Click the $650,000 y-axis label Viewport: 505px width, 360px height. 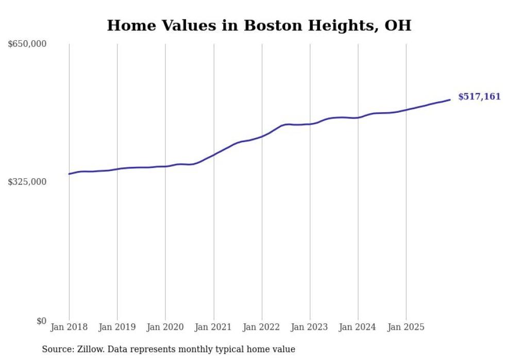pyautogui.click(x=27, y=44)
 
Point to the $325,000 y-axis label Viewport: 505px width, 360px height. pyautogui.click(x=27, y=182)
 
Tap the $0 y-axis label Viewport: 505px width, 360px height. pyautogui.click(x=41, y=321)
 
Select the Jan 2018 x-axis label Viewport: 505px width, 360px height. pyautogui.click(x=69, y=327)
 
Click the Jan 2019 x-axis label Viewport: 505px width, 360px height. pyautogui.click(x=117, y=327)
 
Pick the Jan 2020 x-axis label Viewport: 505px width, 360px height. pyautogui.click(x=165, y=327)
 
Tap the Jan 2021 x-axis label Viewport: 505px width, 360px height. pyautogui.click(x=213, y=327)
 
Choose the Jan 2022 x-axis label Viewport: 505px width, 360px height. pyautogui.click(x=262, y=327)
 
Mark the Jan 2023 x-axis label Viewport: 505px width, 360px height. pyautogui.click(x=310, y=327)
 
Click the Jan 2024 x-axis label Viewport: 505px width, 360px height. pyautogui.click(x=358, y=327)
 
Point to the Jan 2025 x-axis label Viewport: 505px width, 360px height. pyautogui.click(x=406, y=327)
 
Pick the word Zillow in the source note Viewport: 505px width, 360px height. pyautogui.click(x=89, y=349)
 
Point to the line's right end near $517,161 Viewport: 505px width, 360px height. pyautogui.click(x=450, y=100)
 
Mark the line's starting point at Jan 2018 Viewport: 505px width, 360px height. pyautogui.click(x=69, y=174)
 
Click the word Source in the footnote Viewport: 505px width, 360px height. pyautogui.click(x=56, y=349)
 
